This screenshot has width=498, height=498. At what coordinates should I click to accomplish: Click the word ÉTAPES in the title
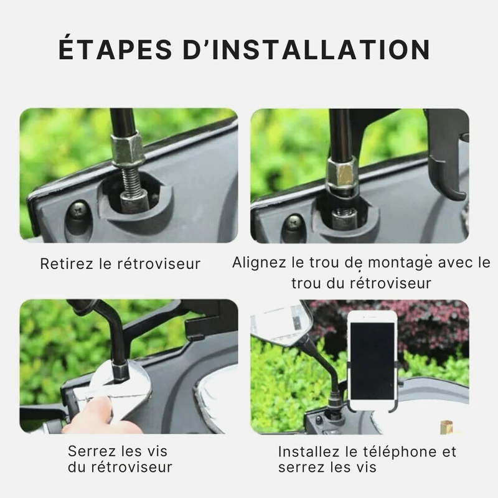click(x=115, y=49)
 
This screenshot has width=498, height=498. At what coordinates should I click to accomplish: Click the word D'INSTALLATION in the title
click(x=306, y=49)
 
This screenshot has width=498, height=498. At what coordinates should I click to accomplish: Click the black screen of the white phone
click(x=372, y=361)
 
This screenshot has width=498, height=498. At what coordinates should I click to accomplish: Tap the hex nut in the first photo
click(x=128, y=149)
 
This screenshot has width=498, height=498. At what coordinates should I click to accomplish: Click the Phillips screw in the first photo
click(x=77, y=210)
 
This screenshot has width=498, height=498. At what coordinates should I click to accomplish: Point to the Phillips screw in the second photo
click(x=294, y=222)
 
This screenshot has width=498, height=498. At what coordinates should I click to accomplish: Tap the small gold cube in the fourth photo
click(x=447, y=426)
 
